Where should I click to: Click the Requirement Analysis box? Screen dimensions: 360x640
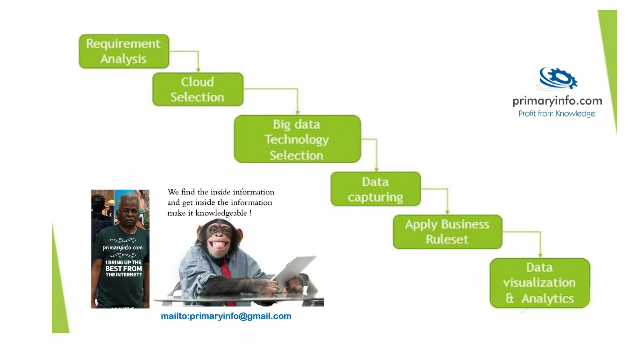[124, 51]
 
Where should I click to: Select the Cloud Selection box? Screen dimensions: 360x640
[197, 89]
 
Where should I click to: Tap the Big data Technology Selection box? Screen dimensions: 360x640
[297, 139]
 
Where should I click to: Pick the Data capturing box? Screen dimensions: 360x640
[375, 189]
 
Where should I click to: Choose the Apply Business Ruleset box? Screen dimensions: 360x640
[447, 232]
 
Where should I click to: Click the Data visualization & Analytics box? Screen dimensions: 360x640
[540, 283]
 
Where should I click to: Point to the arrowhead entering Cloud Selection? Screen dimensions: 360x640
[198, 70]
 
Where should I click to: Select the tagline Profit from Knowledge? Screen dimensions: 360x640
[557, 114]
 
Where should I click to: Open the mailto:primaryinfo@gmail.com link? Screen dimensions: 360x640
[226, 316]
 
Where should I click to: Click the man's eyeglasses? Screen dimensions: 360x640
[130, 212]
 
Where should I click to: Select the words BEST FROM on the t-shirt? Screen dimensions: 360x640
[123, 268]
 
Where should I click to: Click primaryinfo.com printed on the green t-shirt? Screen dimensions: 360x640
[123, 247]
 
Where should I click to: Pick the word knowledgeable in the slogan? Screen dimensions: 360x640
[221, 213]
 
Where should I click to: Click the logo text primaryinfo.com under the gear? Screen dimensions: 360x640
[557, 101]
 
